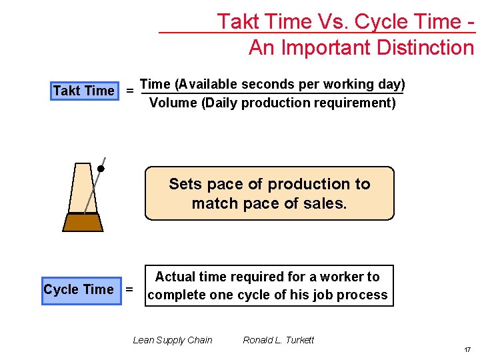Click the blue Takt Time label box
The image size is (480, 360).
[x=84, y=91]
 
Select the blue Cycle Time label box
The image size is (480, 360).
[x=79, y=289]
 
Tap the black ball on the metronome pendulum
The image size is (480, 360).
[x=101, y=169]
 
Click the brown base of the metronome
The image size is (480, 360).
[x=83, y=222]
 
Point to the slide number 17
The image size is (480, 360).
[x=468, y=349]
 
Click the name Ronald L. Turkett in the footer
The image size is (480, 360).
[x=278, y=340]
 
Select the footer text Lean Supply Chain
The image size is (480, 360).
[x=173, y=340]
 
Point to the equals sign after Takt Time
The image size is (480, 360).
[x=129, y=91]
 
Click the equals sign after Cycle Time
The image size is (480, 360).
[x=129, y=289]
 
